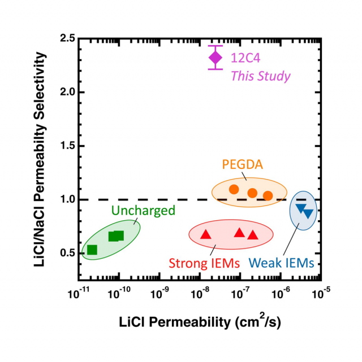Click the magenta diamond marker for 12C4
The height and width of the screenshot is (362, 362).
coord(216,57)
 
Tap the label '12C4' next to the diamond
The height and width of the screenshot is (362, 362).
coord(245,58)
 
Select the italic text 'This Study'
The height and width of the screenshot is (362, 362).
coord(260,76)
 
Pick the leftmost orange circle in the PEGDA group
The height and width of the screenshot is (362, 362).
coord(234,189)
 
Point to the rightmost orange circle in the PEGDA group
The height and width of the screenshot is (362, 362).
coord(268,195)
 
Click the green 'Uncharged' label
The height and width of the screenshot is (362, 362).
coord(134,210)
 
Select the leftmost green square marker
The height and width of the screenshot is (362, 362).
coord(92,250)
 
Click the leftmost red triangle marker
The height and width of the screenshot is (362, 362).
coord(206,234)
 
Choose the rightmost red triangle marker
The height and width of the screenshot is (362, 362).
coord(252,235)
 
